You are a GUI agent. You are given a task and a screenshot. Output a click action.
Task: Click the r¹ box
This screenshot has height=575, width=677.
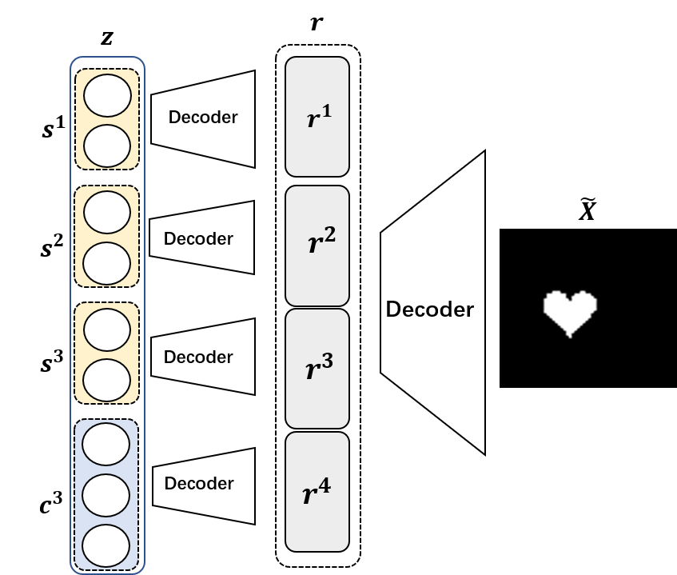click(x=317, y=117)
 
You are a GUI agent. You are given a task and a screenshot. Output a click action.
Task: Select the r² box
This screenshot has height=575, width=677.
click(x=317, y=246)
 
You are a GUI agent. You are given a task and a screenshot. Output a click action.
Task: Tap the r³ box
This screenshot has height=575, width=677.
click(x=317, y=368)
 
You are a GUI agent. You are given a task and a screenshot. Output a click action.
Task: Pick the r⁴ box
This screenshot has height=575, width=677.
click(x=317, y=492)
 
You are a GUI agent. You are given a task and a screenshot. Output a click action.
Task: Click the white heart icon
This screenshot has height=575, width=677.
click(x=570, y=313)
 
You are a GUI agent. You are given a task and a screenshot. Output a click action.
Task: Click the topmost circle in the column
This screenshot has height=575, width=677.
click(x=107, y=95)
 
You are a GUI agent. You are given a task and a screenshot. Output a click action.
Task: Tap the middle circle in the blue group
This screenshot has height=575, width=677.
click(x=106, y=495)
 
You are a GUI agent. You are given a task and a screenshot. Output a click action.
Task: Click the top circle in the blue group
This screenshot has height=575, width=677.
click(x=106, y=444)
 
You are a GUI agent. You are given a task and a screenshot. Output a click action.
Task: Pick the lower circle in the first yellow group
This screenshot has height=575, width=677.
click(x=107, y=146)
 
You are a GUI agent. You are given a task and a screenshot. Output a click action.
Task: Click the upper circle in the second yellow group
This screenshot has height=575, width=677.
click(x=107, y=212)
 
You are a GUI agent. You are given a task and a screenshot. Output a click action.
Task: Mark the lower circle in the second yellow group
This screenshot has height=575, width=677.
click(x=107, y=263)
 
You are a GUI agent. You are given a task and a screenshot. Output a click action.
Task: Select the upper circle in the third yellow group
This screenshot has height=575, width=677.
click(x=107, y=329)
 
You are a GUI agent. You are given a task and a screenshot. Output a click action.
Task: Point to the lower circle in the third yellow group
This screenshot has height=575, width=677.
click(x=107, y=380)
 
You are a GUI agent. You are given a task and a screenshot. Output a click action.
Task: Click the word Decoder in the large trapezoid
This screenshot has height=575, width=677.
click(x=429, y=309)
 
